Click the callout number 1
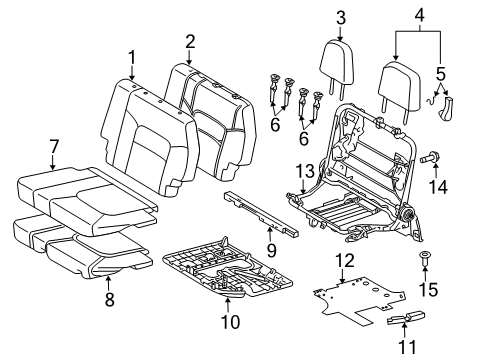pyautogui.click(x=131, y=57)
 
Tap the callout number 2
pyautogui.click(x=190, y=41)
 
